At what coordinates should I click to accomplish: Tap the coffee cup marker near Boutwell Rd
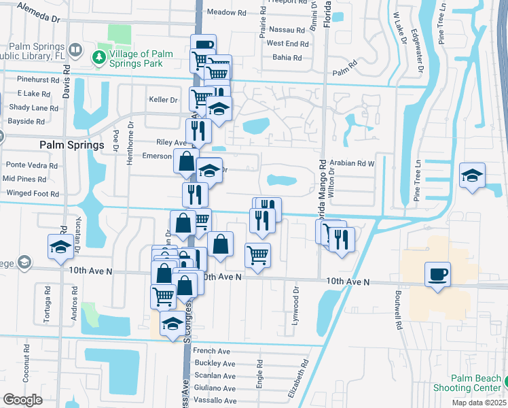point(437,275)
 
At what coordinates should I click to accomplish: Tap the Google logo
point(22,400)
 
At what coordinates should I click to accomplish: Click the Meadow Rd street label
point(225,12)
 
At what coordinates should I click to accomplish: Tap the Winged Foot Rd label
point(32,194)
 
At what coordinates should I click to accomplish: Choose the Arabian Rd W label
point(352,164)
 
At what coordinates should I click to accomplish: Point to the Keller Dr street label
point(163,99)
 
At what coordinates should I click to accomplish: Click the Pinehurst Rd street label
point(37,80)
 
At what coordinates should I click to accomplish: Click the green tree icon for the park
point(101,56)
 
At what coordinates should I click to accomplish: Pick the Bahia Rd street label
point(287,58)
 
